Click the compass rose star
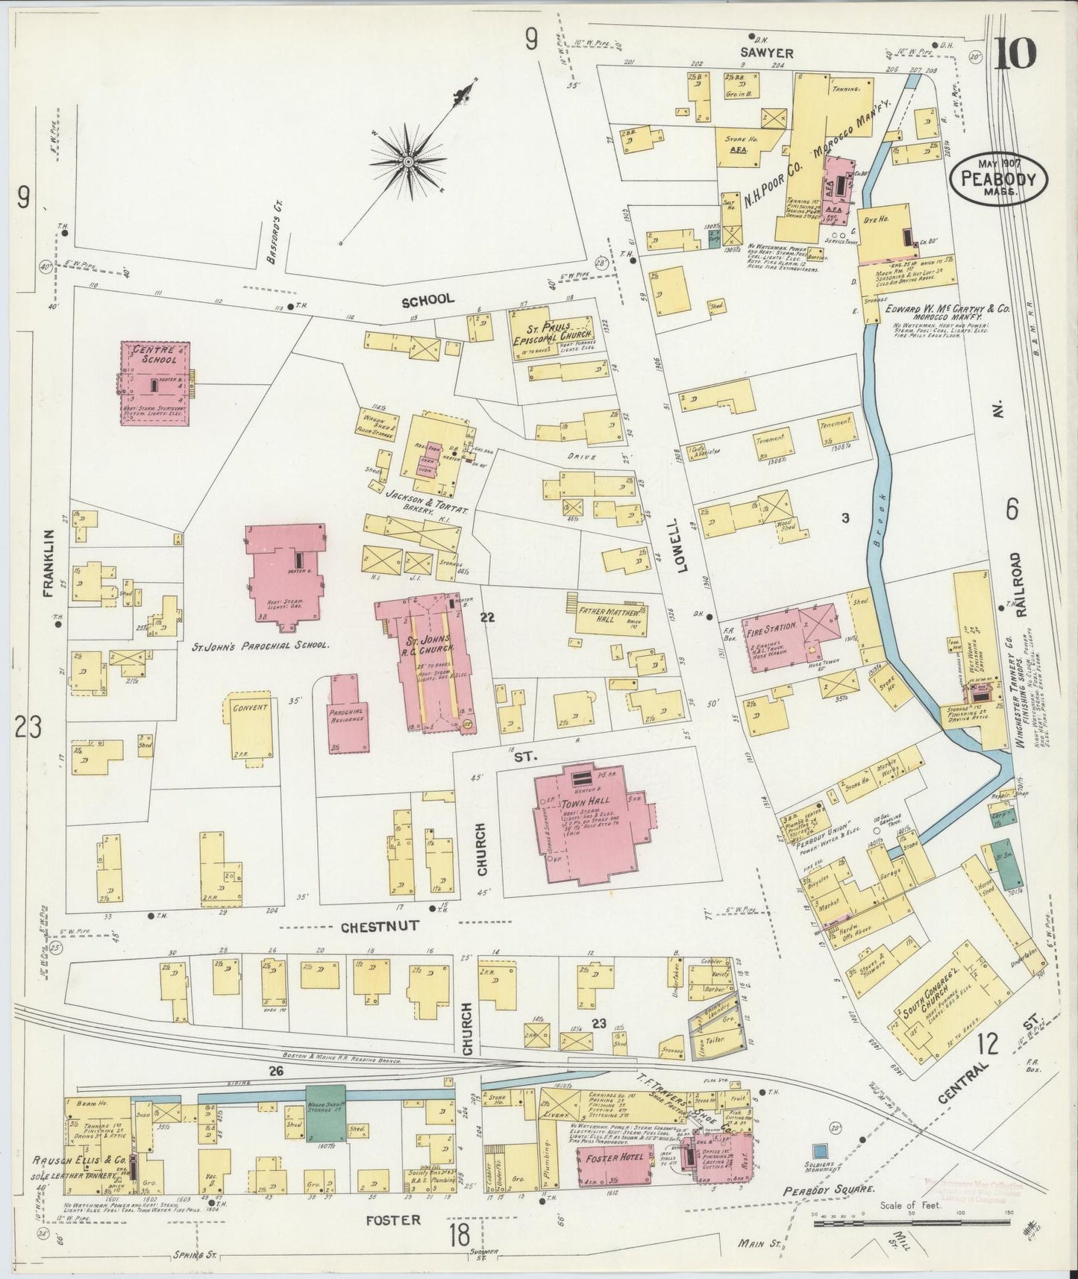(x=408, y=160)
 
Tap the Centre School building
(x=155, y=383)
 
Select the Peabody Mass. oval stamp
(x=998, y=177)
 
